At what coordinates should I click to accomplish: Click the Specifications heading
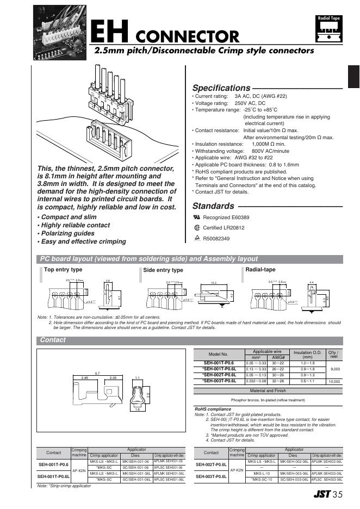click(221, 88)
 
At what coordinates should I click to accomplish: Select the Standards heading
click(213, 206)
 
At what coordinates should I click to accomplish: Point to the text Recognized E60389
click(226, 218)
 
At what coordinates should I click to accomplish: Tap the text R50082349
click(216, 239)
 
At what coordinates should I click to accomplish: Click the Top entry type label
click(63, 270)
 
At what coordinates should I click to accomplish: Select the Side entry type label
click(163, 270)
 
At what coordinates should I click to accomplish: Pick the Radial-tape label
click(260, 269)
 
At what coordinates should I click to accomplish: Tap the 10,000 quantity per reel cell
click(334, 382)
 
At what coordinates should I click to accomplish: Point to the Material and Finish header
click(268, 391)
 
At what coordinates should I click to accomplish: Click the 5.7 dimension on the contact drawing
click(97, 373)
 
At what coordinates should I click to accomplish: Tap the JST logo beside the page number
click(321, 495)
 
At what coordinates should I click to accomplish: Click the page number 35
click(338, 495)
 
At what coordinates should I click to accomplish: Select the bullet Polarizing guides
click(70, 233)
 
